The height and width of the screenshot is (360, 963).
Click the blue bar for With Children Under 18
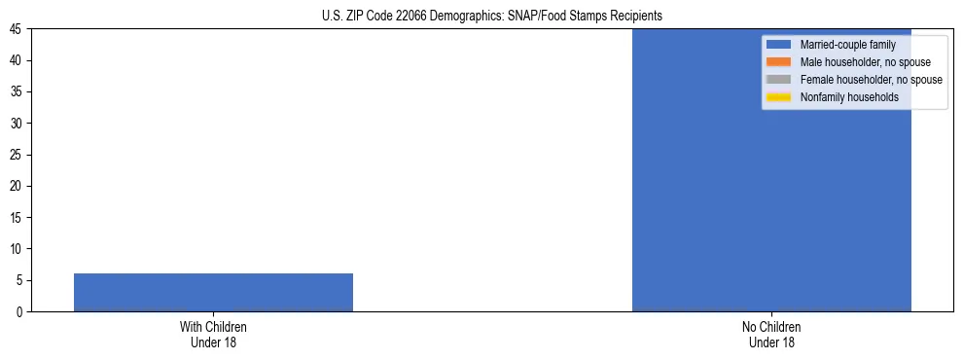pyautogui.click(x=213, y=292)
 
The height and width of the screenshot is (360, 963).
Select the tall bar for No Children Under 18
pyautogui.click(x=771, y=170)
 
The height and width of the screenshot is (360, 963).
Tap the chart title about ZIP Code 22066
pyautogui.click(x=491, y=16)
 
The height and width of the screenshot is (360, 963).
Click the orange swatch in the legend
pyautogui.click(x=779, y=62)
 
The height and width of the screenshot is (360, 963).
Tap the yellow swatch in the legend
pyautogui.click(x=779, y=97)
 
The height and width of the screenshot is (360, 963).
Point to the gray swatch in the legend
pyautogui.click(x=779, y=80)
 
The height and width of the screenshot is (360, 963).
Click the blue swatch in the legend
pyautogui.click(x=779, y=45)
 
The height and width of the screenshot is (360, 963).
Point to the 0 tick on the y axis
pyautogui.click(x=20, y=312)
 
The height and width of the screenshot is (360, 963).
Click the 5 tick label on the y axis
pyautogui.click(x=20, y=280)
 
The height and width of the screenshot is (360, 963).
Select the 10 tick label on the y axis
pyautogui.click(x=18, y=249)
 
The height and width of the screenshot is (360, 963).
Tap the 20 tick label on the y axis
pyautogui.click(x=18, y=186)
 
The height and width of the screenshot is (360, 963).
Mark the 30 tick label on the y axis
pyautogui.click(x=18, y=124)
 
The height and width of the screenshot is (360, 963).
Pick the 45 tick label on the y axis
pyautogui.click(x=18, y=29)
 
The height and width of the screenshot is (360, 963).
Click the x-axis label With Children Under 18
pyautogui.click(x=213, y=335)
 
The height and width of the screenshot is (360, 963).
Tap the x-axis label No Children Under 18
pyautogui.click(x=771, y=335)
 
